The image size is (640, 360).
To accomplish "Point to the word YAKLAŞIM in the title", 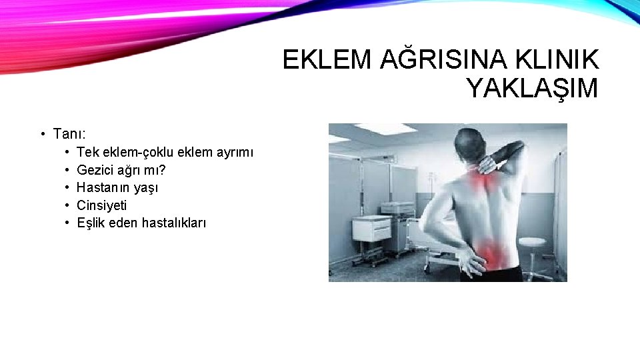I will (x=532, y=88).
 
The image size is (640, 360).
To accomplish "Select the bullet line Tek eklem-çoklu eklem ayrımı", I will (x=165, y=152).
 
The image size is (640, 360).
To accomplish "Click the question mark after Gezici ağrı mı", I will (x=162, y=170).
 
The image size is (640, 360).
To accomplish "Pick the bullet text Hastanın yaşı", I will (x=117, y=187).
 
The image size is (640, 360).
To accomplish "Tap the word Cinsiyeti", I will (x=101, y=205).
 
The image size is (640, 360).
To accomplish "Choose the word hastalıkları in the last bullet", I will (x=174, y=223).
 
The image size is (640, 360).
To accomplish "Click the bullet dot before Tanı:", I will (x=42, y=134).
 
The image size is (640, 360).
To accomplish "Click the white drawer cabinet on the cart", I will (x=371, y=229).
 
